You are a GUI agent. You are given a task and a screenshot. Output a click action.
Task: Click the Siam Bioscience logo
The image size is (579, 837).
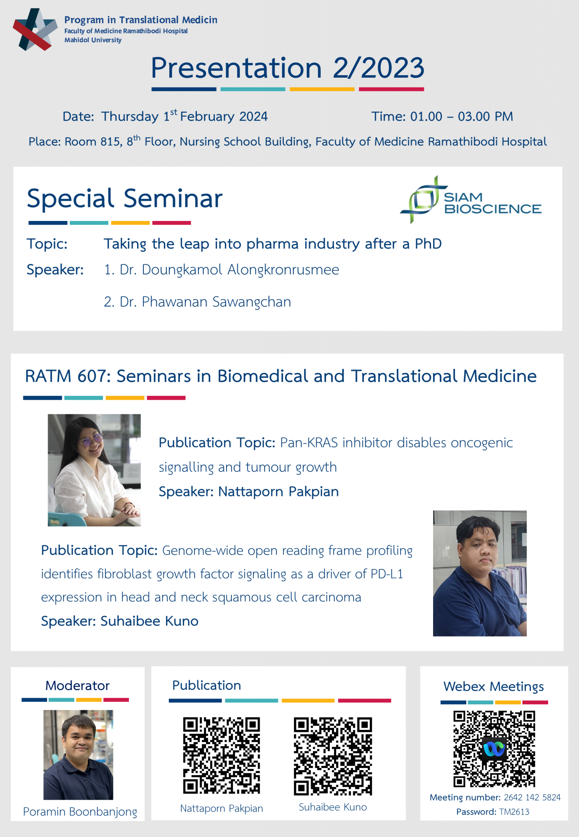click(x=471, y=200)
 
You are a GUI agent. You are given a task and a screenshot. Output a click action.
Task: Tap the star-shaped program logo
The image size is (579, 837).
click(x=35, y=29)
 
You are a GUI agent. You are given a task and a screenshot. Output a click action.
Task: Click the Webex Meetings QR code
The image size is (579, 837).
click(x=494, y=749)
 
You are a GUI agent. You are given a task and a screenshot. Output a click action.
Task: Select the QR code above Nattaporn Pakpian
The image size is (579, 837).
click(x=222, y=755)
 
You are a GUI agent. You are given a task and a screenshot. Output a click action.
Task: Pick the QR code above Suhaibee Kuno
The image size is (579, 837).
click(x=333, y=756)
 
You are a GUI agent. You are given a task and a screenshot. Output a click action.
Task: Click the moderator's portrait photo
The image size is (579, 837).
click(x=78, y=755)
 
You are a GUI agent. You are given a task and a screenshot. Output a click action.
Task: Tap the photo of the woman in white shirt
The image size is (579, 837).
click(x=94, y=470)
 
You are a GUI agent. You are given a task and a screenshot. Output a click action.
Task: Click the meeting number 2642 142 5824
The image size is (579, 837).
click(x=532, y=797)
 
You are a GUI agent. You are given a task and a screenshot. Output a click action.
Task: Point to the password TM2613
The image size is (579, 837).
click(x=514, y=812)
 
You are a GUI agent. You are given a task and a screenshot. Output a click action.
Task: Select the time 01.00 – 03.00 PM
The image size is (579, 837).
click(x=462, y=116)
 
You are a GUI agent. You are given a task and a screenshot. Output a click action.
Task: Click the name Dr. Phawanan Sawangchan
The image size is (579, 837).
click(x=205, y=302)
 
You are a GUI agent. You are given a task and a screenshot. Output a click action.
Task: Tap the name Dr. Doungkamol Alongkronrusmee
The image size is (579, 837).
click(x=229, y=270)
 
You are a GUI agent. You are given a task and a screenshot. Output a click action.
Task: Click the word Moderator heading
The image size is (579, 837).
click(x=77, y=686)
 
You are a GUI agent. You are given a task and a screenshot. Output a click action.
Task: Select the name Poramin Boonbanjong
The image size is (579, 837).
click(x=80, y=812)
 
